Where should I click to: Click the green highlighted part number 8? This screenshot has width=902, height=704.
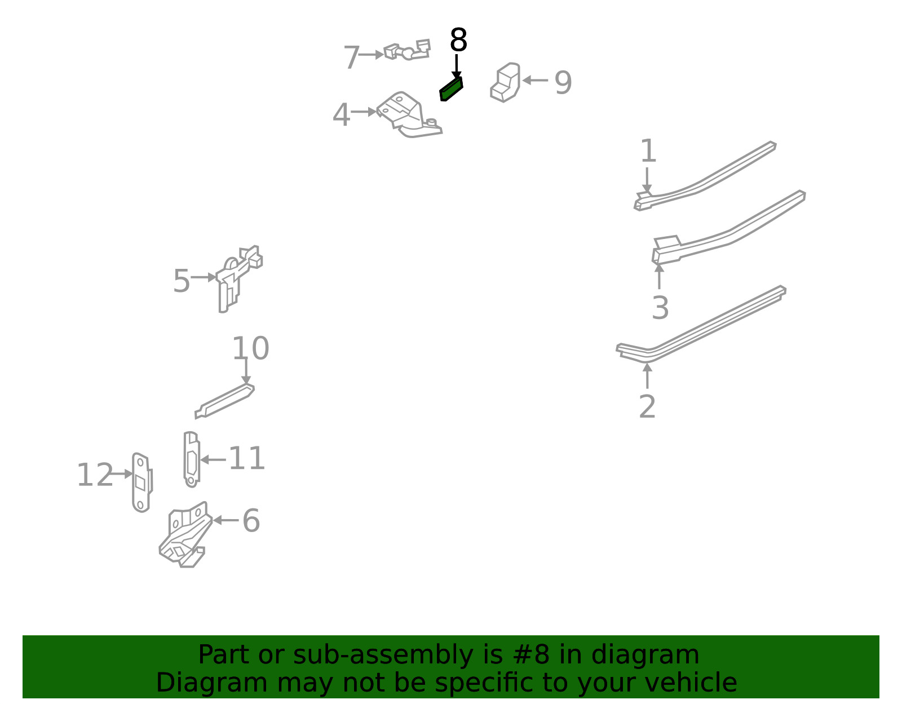pyautogui.click(x=451, y=89)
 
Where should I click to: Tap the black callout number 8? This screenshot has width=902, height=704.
pyautogui.click(x=458, y=40)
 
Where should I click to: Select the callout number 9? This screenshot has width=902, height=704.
pyautogui.click(x=563, y=83)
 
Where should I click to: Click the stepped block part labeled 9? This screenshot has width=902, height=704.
pyautogui.click(x=505, y=82)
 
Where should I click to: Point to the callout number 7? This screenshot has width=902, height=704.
pyautogui.click(x=351, y=57)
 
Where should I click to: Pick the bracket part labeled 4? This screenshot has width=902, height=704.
pyautogui.click(x=409, y=115)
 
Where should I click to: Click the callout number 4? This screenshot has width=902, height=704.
pyautogui.click(x=341, y=115)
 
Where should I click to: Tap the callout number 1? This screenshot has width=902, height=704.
pyautogui.click(x=648, y=151)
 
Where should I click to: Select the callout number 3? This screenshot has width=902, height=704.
pyautogui.click(x=660, y=308)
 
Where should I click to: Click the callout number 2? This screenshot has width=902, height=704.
pyautogui.click(x=647, y=406)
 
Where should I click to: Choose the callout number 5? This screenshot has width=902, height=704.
pyautogui.click(x=182, y=281)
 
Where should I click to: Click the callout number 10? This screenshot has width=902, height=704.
pyautogui.click(x=250, y=348)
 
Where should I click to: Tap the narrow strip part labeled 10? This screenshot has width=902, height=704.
pyautogui.click(x=224, y=401)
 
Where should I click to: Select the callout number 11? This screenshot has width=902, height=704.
pyautogui.click(x=246, y=458)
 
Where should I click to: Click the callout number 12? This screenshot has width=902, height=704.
pyautogui.click(x=95, y=475)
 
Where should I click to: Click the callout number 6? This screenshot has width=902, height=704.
pyautogui.click(x=251, y=521)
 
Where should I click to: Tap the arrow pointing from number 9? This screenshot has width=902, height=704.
pyautogui.click(x=535, y=81)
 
